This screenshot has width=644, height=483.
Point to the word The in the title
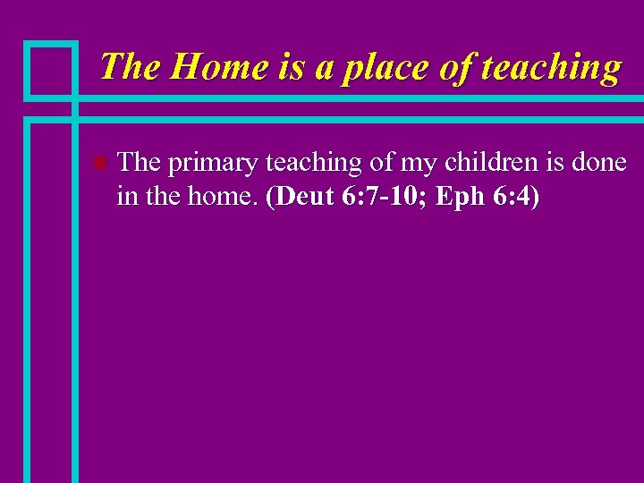point(131,66)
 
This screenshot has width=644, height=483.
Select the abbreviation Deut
point(305,197)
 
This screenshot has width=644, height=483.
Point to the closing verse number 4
point(527,197)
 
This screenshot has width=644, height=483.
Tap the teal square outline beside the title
point(50,69)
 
